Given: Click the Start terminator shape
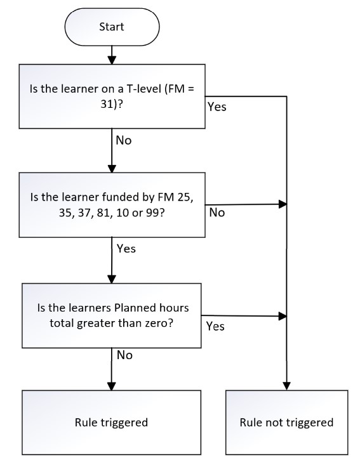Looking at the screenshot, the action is [x=112, y=27].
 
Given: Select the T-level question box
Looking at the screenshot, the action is [x=112, y=96].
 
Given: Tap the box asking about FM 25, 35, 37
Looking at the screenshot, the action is [x=112, y=205].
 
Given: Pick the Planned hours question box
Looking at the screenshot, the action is [x=112, y=316].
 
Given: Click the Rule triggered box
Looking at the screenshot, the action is [x=112, y=423].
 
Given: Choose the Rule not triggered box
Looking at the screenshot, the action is [x=287, y=423].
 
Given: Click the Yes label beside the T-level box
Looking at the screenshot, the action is [x=217, y=107].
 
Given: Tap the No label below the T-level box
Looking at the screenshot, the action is [x=124, y=140].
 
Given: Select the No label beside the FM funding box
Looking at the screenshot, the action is [x=217, y=213].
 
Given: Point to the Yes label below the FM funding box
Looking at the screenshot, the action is [x=126, y=249].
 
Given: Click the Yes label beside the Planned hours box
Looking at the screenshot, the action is [x=215, y=326].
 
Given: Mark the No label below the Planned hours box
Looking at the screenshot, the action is [x=124, y=355].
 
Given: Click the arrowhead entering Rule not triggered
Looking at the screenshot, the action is [x=287, y=386].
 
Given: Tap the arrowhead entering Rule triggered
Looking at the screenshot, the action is [x=112, y=386].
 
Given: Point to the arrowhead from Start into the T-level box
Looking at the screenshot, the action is [x=112, y=60].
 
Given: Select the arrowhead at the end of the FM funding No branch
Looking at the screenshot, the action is [x=283, y=204].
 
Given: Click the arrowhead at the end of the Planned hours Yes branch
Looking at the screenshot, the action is [x=283, y=316].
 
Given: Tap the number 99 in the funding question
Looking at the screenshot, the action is [x=152, y=213].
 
